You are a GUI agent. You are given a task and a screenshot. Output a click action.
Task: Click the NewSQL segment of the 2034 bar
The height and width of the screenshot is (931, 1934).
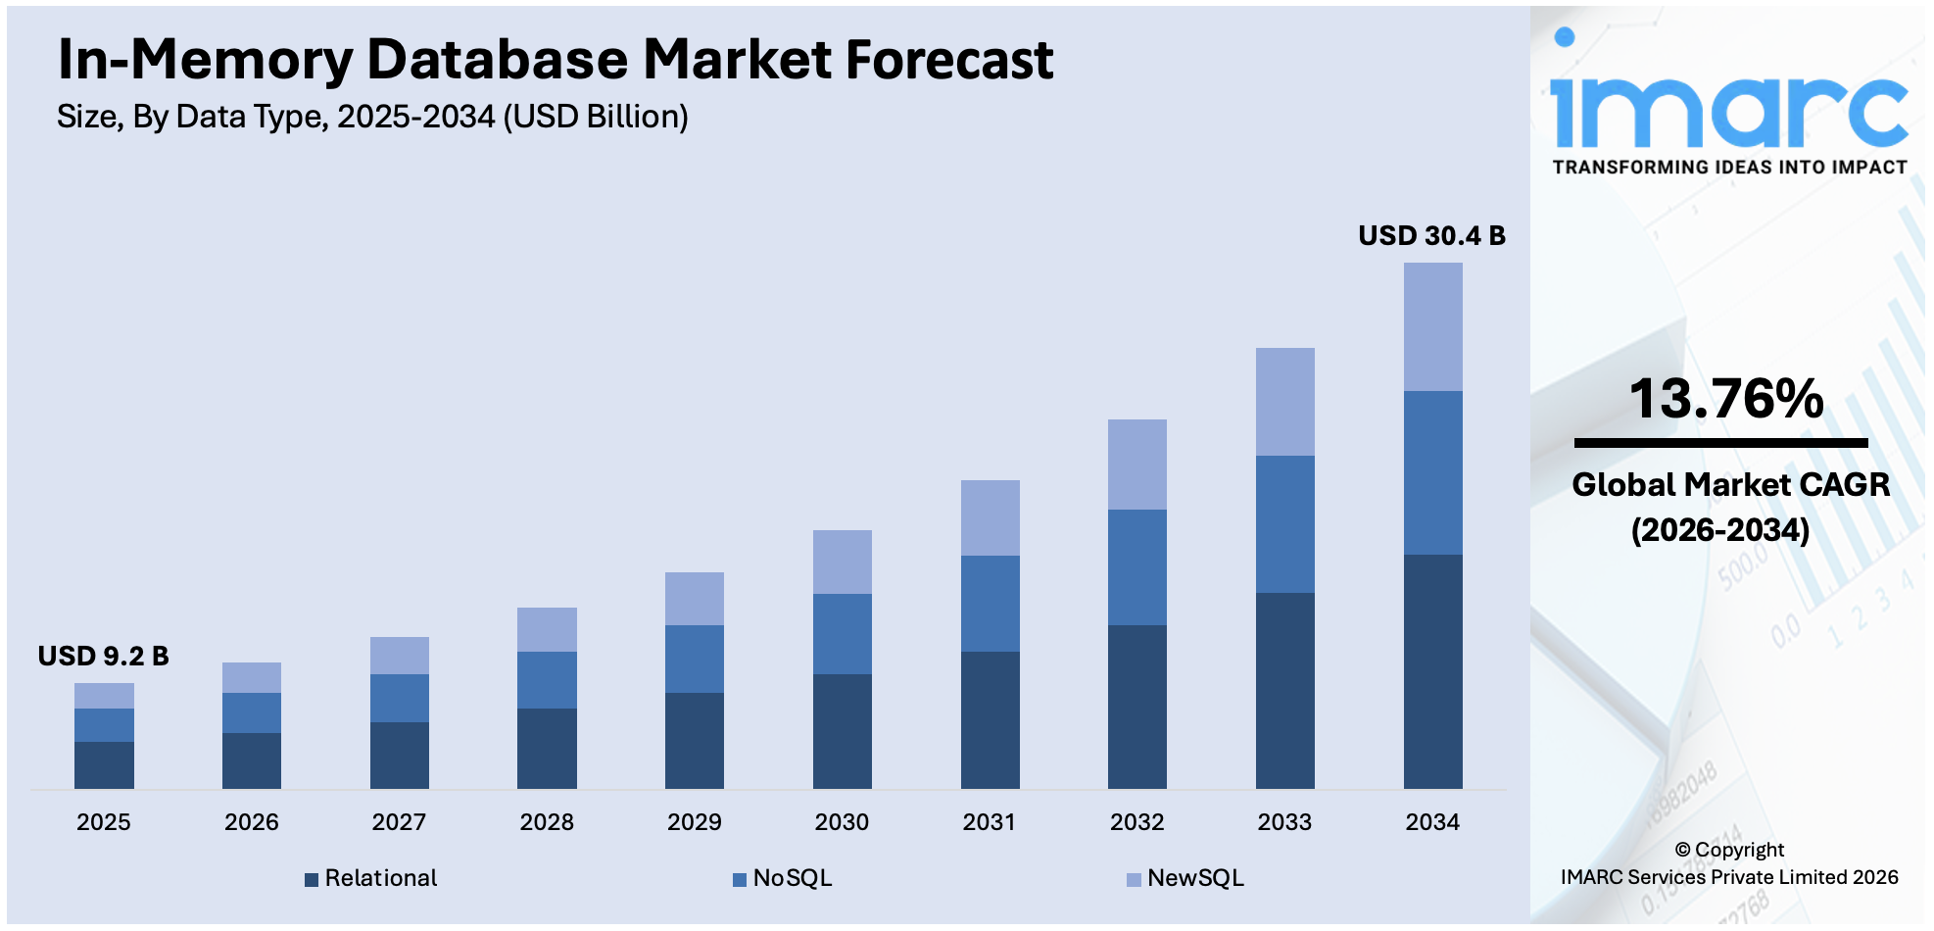point(1432,326)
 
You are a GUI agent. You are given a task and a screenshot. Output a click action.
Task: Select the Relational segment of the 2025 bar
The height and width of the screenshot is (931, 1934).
point(104,764)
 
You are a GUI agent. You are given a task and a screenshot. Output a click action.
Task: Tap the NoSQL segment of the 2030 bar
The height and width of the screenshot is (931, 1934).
point(842,633)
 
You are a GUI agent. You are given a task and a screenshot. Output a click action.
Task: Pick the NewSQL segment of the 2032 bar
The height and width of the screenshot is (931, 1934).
point(1136,464)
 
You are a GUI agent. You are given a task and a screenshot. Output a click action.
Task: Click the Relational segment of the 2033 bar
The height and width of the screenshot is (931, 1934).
point(1284,690)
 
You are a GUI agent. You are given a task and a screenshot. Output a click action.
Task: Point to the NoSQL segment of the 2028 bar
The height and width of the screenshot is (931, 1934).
point(547,679)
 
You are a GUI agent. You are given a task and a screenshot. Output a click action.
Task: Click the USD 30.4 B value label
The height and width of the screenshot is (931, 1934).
point(1430,235)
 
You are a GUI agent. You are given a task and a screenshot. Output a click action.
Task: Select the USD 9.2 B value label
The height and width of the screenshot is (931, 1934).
point(103,656)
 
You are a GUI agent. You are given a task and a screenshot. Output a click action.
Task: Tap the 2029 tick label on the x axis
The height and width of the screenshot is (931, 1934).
point(694,821)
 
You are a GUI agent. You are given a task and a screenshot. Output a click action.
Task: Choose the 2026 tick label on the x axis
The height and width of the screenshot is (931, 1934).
point(251,821)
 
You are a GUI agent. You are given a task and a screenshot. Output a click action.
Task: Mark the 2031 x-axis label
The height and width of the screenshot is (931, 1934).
point(989,821)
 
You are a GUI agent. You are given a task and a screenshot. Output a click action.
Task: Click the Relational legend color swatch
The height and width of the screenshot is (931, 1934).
point(312,879)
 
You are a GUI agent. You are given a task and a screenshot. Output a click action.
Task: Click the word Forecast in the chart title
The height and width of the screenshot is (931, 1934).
point(948,60)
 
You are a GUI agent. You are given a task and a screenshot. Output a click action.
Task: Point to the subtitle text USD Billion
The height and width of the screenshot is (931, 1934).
point(596,117)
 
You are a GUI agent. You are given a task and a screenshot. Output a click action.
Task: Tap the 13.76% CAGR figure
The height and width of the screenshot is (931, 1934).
point(1725,399)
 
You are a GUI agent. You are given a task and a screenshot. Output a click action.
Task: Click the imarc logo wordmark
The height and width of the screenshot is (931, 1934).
point(1729,108)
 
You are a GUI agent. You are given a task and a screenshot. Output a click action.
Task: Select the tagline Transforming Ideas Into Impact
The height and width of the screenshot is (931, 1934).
point(1729,168)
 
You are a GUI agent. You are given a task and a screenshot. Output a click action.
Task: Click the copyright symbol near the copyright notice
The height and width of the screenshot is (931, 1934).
point(1682,850)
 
